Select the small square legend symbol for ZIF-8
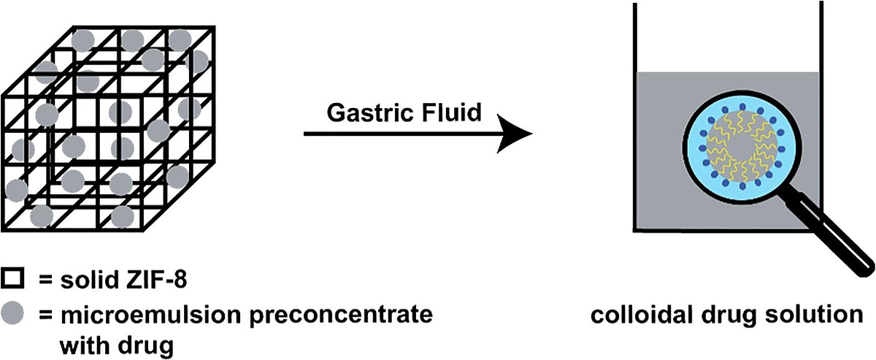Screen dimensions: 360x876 [13, 278]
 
